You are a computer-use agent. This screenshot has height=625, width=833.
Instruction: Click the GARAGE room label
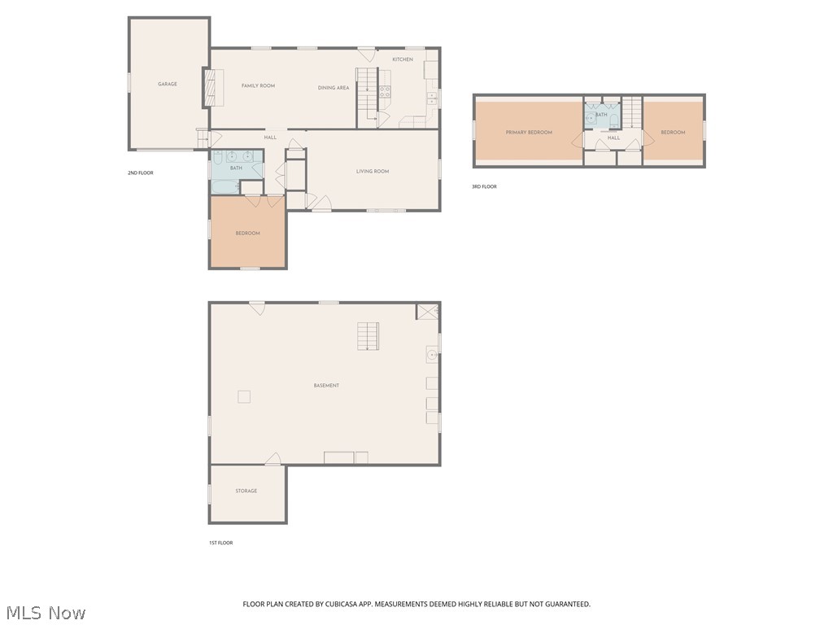click(168, 84)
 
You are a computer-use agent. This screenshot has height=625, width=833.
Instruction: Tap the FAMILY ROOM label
click(258, 85)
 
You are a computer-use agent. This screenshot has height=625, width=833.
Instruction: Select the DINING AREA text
click(334, 88)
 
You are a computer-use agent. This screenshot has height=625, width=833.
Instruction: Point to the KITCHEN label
click(403, 59)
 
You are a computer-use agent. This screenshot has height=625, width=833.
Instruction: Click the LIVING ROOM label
click(373, 171)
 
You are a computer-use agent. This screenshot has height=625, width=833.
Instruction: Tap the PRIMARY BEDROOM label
click(529, 132)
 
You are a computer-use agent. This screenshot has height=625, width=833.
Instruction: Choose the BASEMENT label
click(326, 385)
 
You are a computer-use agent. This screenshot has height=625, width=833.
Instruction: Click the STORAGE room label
click(246, 491)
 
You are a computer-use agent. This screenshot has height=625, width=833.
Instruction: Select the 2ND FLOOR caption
click(141, 173)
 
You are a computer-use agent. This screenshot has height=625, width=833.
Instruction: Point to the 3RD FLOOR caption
click(484, 186)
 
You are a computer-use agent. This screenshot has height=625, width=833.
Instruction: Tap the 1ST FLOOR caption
click(220, 543)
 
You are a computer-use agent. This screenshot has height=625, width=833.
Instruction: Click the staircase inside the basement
click(369, 336)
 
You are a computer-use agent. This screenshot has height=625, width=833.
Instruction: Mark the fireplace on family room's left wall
click(213, 87)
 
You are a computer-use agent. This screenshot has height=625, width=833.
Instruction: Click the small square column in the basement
click(244, 396)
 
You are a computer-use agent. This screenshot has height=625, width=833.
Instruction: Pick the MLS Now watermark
click(46, 612)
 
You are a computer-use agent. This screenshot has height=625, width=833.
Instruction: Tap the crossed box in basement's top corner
click(427, 312)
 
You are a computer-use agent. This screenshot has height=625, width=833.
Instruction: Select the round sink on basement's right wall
click(432, 355)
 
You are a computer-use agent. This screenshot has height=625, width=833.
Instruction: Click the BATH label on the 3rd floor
click(601, 115)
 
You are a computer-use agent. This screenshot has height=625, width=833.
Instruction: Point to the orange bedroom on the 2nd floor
click(248, 234)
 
